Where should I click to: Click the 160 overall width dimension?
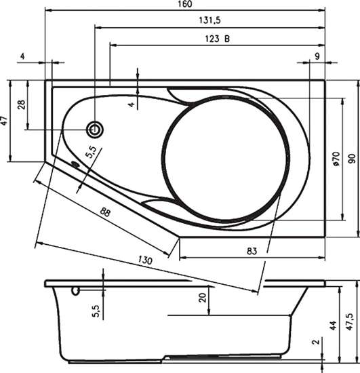tap(185, 4)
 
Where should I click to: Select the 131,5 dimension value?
tap(209, 20)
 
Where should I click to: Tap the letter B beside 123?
tap(227, 39)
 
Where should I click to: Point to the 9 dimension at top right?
tap(317, 56)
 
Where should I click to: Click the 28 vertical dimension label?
tap(22, 104)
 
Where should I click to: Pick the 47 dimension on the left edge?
tap(5, 121)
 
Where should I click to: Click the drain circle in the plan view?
tap(95, 130)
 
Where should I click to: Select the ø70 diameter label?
tap(336, 159)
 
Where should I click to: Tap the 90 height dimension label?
tap(352, 159)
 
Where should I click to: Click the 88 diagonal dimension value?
tap(105, 212)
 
